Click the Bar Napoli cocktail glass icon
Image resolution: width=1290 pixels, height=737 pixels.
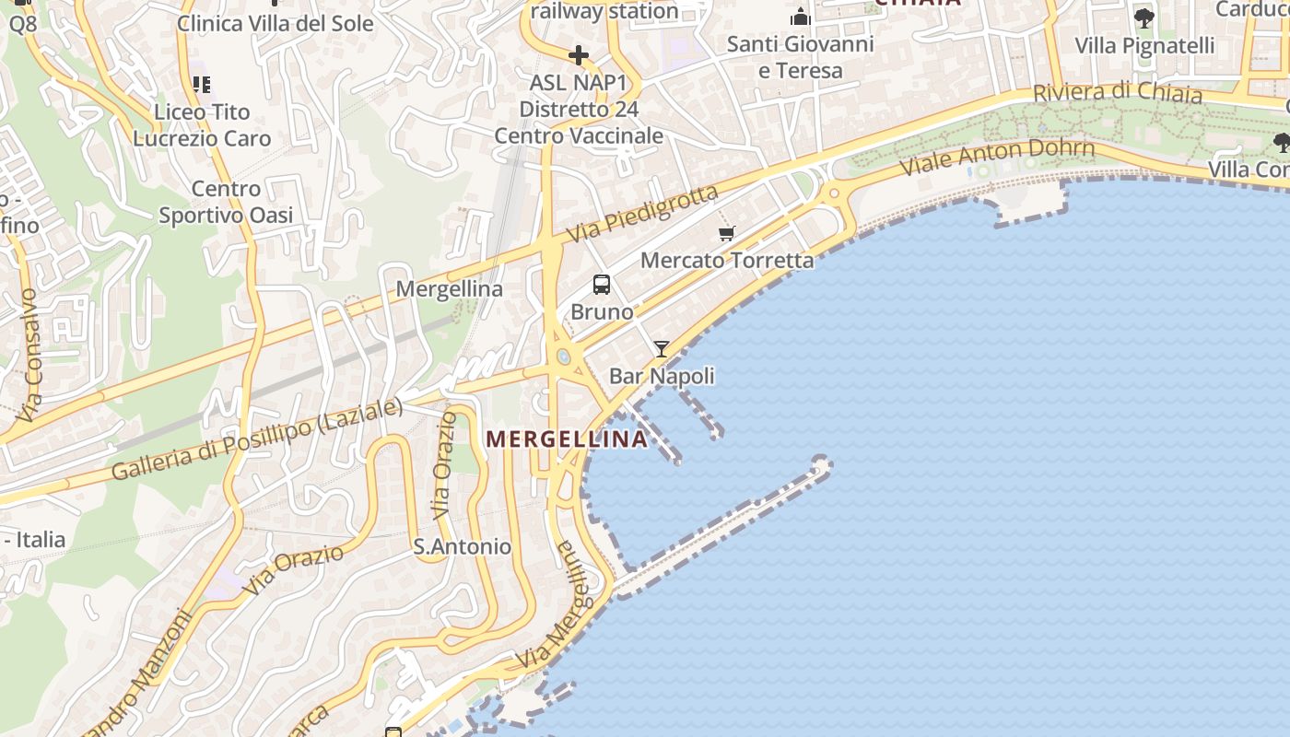[x=662, y=348]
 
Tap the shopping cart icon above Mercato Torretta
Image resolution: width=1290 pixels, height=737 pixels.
[x=727, y=233]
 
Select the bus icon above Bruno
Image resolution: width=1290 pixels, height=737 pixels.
[x=602, y=285]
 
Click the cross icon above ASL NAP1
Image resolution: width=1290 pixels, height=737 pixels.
[x=579, y=56]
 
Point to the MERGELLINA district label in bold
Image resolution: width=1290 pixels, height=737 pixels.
[x=567, y=439]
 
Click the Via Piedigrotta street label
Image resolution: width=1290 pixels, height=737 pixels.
[x=641, y=215]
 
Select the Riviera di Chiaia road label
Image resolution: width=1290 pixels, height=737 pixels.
[x=1117, y=93]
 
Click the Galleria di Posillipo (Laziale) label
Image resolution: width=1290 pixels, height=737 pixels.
[x=257, y=439]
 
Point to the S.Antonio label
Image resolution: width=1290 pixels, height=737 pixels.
[x=462, y=546]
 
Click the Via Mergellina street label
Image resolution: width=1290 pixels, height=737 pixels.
[x=552, y=607]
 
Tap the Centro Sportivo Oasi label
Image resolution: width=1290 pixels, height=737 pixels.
[x=226, y=202]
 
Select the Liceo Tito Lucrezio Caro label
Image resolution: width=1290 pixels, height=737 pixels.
[x=202, y=125]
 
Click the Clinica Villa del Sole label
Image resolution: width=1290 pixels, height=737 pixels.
[x=275, y=23]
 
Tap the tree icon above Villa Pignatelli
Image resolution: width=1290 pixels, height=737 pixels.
[x=1143, y=18]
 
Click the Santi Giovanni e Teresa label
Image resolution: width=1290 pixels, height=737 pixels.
[x=800, y=57]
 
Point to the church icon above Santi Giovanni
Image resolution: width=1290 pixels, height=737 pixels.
[x=800, y=17]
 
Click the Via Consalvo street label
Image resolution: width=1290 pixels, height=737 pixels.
[x=28, y=356]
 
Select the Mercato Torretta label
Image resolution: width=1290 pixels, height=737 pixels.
[x=727, y=260]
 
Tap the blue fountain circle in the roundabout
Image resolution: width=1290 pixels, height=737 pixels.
[x=563, y=357]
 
